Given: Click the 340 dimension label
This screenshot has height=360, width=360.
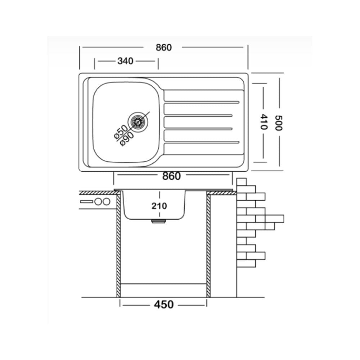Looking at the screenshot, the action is click(125, 61).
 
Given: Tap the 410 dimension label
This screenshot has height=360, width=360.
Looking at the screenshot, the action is click(264, 122).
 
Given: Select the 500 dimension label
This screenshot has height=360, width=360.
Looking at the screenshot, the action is click(279, 123).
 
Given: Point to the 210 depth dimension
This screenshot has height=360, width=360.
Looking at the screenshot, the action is click(159, 206).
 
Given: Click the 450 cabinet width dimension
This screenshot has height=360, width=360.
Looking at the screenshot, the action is click(164, 305).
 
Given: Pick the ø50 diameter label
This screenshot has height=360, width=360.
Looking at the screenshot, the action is click(121, 132).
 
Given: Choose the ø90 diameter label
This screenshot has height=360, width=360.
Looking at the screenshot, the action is click(127, 139).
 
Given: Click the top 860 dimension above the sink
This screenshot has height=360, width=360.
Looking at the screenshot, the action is click(164, 47).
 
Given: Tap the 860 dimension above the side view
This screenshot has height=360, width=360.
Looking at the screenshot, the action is click(171, 176).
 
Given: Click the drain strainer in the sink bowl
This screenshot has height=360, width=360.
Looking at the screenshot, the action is click(138, 122).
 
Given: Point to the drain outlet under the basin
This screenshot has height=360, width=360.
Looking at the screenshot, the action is click(159, 221).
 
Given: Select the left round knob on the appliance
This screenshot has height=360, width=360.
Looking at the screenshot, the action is click(98, 202).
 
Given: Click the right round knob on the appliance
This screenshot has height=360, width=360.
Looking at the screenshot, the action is click(106, 202).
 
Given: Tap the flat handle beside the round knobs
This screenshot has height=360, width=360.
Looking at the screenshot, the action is click(86, 202).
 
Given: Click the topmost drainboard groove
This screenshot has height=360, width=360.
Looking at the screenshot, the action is click(201, 102).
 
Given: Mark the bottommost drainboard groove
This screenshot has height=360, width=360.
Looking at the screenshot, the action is click(201, 142).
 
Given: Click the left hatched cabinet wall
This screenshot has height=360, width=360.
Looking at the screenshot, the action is click(118, 246).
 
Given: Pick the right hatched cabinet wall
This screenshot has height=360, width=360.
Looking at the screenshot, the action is click(208, 246).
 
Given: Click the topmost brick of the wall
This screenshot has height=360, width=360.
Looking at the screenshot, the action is click(242, 181).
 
